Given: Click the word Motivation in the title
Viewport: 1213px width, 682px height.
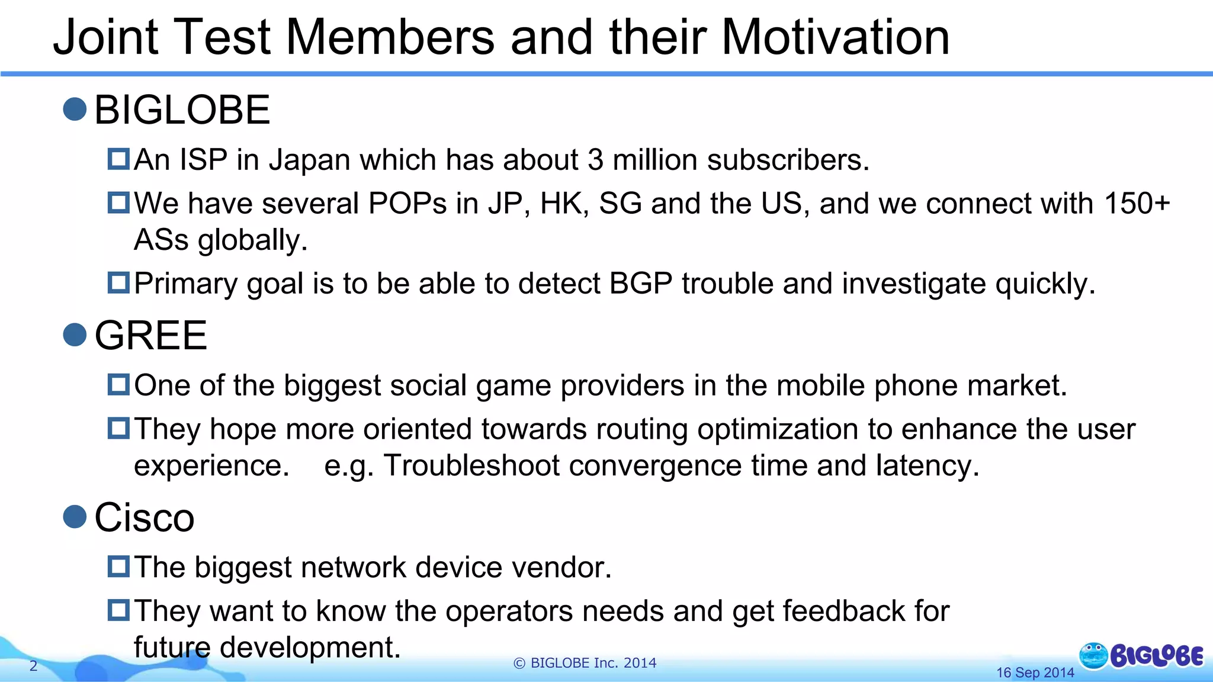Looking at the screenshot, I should tap(835, 37).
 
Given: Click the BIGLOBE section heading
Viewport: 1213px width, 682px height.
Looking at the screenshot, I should tap(182, 110).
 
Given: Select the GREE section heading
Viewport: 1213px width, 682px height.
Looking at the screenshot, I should tap(150, 336).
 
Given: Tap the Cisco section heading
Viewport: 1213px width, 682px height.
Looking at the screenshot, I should tap(144, 517).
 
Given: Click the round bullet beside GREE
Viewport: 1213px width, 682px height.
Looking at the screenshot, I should tap(75, 334).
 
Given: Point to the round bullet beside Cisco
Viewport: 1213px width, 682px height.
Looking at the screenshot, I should tap(75, 516).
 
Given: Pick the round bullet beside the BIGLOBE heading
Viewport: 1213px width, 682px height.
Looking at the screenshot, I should tap(75, 109).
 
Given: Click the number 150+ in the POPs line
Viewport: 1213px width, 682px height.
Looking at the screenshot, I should tap(1137, 204).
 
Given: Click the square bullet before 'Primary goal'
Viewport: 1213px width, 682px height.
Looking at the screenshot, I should tap(118, 282).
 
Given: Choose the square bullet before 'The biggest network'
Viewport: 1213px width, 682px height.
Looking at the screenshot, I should tap(118, 567).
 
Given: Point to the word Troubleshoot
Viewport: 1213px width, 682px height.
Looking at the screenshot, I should tap(471, 466).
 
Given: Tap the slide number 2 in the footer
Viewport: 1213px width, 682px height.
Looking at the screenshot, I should tap(33, 666).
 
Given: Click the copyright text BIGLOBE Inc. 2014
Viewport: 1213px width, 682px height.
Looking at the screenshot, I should tap(585, 663).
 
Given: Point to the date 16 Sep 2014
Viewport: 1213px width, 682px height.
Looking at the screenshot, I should tap(1035, 673).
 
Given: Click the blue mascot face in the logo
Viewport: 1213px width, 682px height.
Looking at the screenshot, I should tap(1093, 656).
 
